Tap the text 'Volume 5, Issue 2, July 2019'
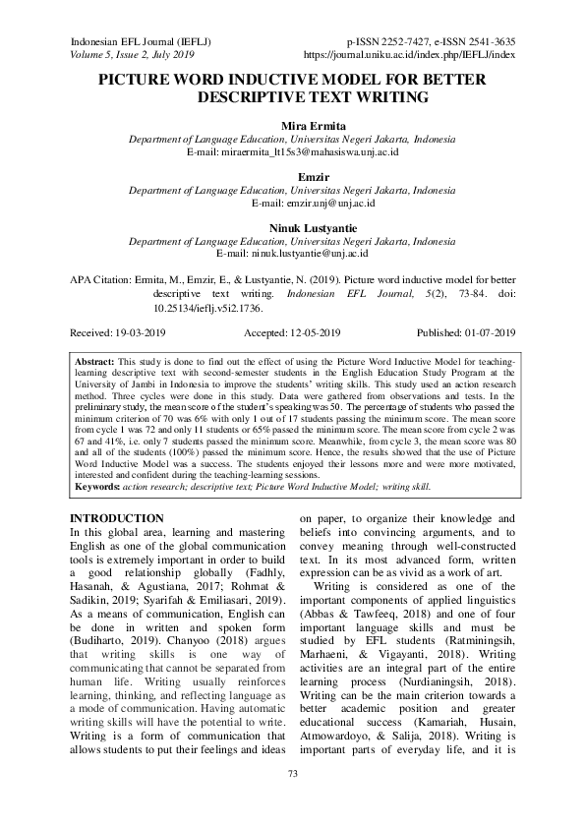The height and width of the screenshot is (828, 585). pyautogui.click(x=132, y=55)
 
